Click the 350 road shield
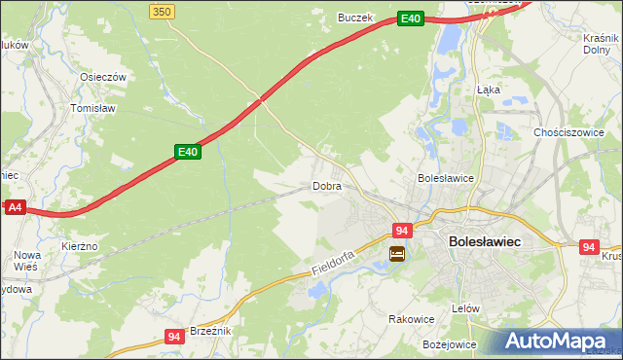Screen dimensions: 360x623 tap(163, 11)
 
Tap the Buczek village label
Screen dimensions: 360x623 tap(354, 18)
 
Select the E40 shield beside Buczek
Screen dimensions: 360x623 tap(410, 18)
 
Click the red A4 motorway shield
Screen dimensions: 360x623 tap(14, 208)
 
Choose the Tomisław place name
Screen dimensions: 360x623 tap(94, 109)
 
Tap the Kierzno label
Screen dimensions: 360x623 tap(79, 247)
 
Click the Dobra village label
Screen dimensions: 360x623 tap(326, 186)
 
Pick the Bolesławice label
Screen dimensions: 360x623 tap(445, 179)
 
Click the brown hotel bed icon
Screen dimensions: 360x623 tap(397, 255)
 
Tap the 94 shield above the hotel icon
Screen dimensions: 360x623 tap(401, 231)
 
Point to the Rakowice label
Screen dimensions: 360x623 tap(410, 318)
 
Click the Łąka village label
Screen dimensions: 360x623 tap(488, 89)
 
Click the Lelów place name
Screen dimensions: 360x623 tap(466, 308)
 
